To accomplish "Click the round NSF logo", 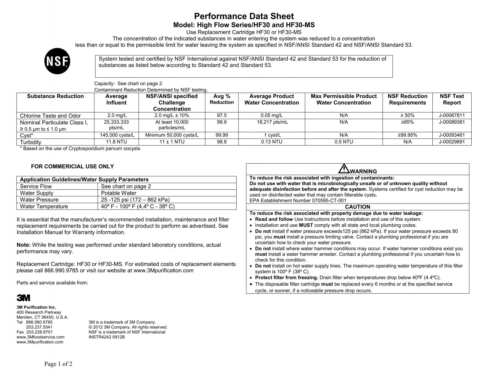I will (57, 61).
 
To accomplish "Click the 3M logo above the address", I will (23, 298).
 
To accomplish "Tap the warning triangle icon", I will (344, 169).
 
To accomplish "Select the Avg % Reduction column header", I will (222, 99).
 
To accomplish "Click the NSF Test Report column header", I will (452, 99).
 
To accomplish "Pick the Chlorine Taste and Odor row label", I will (50, 116).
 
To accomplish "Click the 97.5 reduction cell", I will (222, 115).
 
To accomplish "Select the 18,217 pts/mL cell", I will (271, 122).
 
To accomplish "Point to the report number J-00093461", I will (452, 135).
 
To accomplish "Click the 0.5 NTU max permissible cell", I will (343, 142).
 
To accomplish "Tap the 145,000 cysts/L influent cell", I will (117, 135).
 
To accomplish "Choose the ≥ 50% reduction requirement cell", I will (407, 115).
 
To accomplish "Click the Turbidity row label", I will (30, 142).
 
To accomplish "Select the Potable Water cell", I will (119, 193).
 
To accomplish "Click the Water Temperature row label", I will (44, 206).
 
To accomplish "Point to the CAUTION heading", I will (357, 207).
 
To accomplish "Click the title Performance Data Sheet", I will (244, 16).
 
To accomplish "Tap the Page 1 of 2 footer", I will (58, 364).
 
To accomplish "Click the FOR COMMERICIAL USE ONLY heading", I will (72, 167).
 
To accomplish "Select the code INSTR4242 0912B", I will (107, 337).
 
